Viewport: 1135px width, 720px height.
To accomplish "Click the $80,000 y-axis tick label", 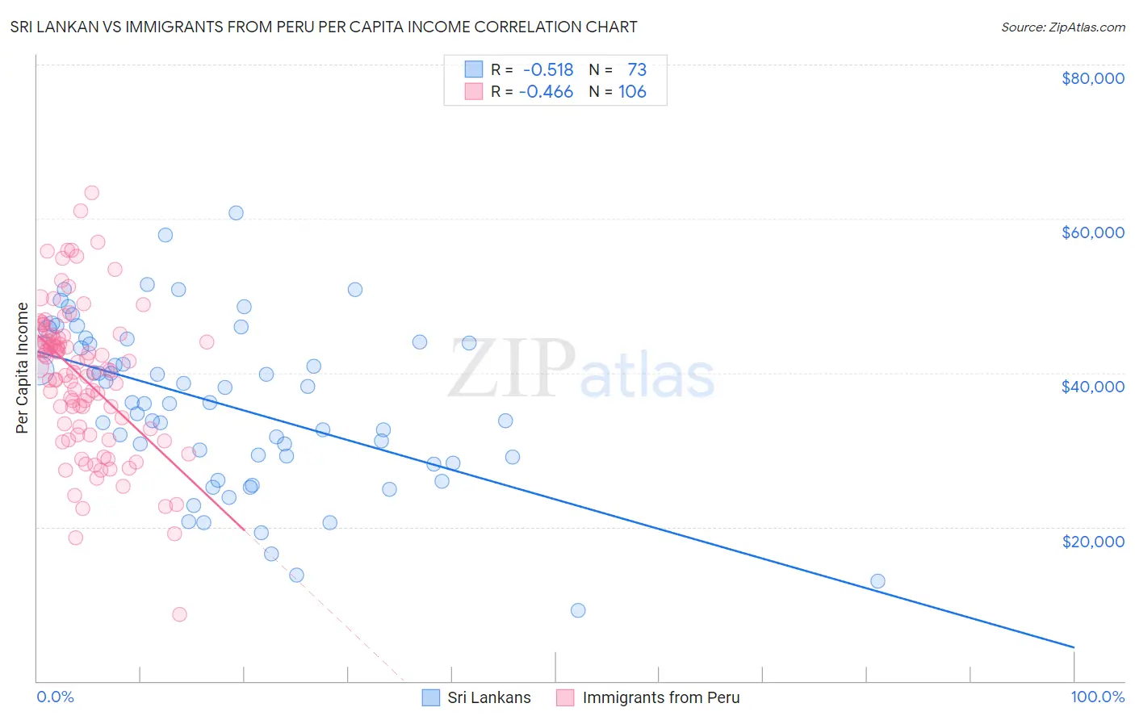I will click(1092, 78).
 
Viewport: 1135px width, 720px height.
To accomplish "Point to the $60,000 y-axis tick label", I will click(1092, 232).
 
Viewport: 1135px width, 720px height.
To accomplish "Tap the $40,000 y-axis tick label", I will click(1092, 387).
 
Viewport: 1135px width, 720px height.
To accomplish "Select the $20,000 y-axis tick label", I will click(1092, 541).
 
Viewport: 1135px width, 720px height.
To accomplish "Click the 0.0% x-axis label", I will click(55, 697).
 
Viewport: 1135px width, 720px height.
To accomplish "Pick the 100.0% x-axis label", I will click(1097, 697).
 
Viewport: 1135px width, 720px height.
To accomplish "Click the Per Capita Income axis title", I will click(23, 368).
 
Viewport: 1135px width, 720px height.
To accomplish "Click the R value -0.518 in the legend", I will click(548, 69).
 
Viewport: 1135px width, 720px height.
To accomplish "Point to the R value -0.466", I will click(546, 92).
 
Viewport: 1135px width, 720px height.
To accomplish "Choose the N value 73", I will click(637, 69).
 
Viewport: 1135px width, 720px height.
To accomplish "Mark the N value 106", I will click(632, 92).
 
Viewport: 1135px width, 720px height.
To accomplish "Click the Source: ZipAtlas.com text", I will click(1062, 27).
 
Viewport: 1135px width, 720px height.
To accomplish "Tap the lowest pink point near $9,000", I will click(179, 614).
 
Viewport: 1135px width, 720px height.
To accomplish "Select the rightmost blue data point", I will click(877, 581).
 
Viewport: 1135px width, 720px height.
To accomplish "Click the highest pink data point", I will click(92, 193).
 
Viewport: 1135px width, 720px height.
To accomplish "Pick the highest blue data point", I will click(236, 213).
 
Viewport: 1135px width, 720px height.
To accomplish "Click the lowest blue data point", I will click(578, 610).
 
